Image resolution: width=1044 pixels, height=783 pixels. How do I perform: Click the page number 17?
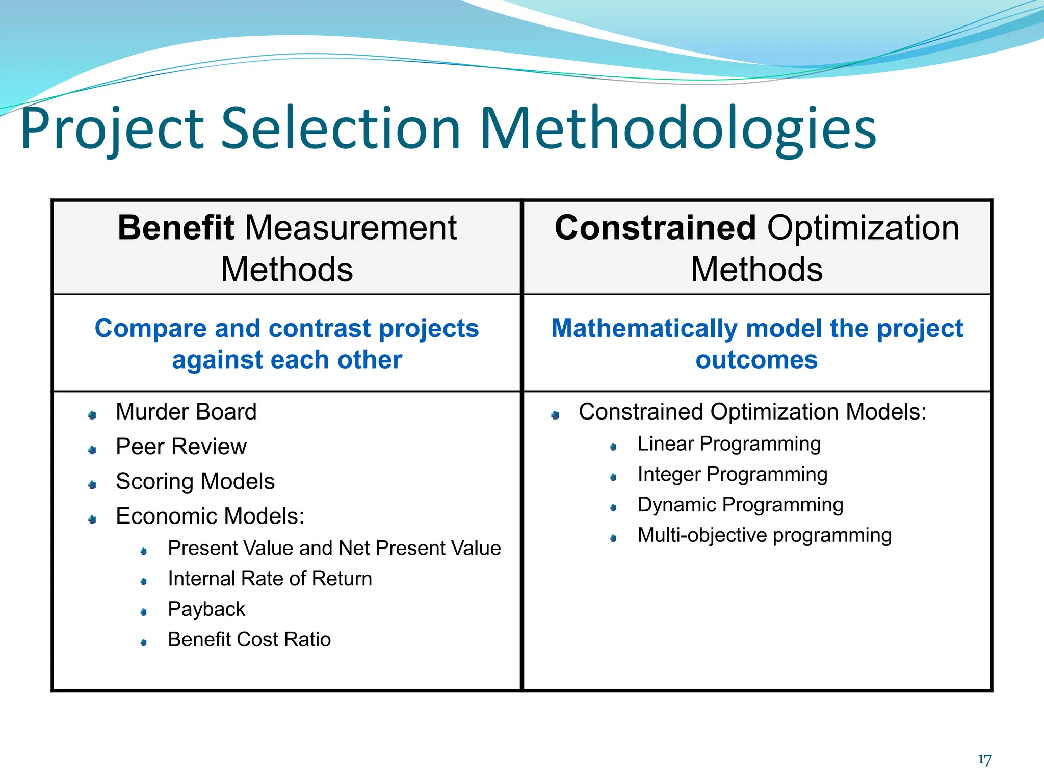[984, 760]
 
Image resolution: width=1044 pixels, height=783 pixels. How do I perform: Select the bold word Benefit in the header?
[175, 227]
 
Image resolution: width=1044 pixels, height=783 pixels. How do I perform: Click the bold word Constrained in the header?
[655, 227]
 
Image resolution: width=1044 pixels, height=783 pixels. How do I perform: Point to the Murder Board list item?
[186, 412]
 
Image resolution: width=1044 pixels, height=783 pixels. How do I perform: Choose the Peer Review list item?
[181, 447]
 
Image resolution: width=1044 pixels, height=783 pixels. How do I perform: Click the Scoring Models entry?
[195, 481]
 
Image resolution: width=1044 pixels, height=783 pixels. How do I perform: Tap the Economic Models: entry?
[210, 516]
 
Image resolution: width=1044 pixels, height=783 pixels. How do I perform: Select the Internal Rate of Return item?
[270, 579]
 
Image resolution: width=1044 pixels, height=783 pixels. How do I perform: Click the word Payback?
[206, 609]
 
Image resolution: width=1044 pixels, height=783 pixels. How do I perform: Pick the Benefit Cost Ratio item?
[249, 639]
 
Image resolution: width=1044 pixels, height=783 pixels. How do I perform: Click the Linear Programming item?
[729, 443]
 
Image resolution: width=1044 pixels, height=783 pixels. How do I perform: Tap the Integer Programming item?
[732, 474]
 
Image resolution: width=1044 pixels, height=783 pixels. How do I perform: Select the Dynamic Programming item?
[740, 505]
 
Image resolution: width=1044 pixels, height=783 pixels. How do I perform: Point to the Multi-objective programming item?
[764, 535]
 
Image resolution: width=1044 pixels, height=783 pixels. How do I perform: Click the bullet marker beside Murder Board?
[92, 415]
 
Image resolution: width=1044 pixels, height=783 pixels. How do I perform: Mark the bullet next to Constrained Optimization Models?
[555, 415]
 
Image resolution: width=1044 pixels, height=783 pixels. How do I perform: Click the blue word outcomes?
[756, 360]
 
